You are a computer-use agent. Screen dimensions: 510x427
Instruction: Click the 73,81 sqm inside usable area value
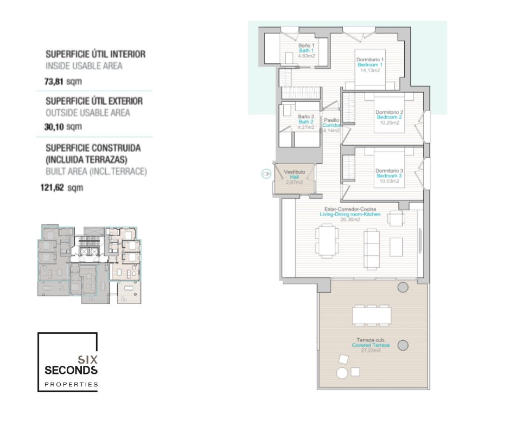click(63, 81)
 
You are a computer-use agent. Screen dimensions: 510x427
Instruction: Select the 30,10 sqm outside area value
click(63, 126)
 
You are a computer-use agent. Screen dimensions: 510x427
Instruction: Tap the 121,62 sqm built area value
click(62, 187)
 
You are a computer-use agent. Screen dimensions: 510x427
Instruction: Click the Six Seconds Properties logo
click(68, 361)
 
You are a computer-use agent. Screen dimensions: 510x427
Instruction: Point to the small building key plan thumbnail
click(90, 264)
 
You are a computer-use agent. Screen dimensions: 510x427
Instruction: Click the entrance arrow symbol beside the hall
click(266, 174)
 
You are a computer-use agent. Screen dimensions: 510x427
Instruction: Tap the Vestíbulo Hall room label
click(295, 177)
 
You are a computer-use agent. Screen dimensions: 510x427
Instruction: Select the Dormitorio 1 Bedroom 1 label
click(370, 65)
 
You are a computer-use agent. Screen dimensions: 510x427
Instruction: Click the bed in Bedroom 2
click(389, 113)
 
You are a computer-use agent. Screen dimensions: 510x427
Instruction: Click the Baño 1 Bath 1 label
click(307, 51)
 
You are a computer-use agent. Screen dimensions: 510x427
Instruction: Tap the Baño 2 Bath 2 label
click(306, 122)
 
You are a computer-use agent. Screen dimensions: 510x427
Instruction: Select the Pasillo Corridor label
click(331, 125)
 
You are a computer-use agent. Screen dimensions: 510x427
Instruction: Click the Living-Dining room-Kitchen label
click(350, 215)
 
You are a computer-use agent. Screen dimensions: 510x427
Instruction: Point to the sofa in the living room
click(372, 248)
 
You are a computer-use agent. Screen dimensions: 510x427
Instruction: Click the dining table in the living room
click(327, 240)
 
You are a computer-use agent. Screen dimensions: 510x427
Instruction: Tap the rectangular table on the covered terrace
click(372, 315)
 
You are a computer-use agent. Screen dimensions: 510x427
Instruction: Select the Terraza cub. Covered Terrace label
click(371, 345)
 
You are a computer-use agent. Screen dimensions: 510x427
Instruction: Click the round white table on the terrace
click(342, 373)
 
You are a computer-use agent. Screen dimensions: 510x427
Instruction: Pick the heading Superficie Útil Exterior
click(94, 101)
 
